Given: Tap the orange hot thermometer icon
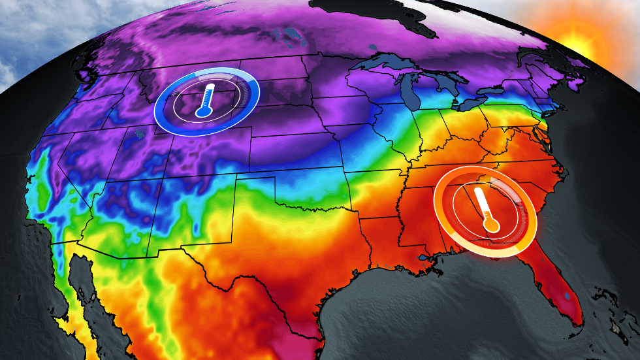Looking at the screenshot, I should (x=486, y=210).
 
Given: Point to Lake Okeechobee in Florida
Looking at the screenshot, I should (x=568, y=296).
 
